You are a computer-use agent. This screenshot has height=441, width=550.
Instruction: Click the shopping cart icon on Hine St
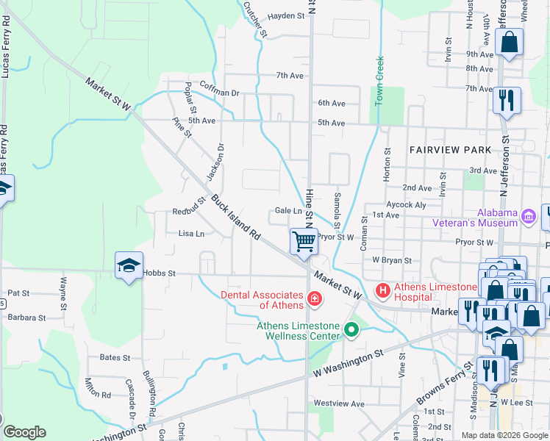(x=303, y=240)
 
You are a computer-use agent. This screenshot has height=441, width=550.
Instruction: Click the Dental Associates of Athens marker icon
(x=314, y=298)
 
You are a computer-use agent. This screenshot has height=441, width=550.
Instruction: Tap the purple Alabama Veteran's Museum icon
(x=528, y=215)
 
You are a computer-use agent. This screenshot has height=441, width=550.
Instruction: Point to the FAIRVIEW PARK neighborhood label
(x=450, y=150)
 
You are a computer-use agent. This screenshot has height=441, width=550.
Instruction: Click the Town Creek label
(x=380, y=81)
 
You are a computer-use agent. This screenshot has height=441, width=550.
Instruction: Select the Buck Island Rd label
(x=236, y=218)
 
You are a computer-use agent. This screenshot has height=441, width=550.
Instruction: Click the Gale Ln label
(x=288, y=211)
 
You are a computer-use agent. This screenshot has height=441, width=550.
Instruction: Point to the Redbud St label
(x=189, y=208)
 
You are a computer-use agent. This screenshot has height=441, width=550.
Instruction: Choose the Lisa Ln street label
(x=191, y=234)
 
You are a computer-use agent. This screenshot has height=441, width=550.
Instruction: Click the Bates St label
(x=115, y=358)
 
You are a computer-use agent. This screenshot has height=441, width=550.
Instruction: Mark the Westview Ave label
(x=339, y=404)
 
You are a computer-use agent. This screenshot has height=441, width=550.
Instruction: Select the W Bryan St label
(x=391, y=260)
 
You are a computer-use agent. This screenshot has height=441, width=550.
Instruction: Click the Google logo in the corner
(x=24, y=432)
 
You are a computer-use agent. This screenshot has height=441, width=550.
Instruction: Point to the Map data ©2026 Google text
(x=504, y=435)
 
